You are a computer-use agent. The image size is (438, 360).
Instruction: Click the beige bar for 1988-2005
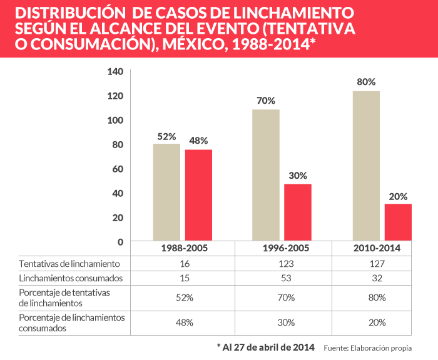coord(166,192)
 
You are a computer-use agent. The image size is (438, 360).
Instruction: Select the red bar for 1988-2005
coord(198,195)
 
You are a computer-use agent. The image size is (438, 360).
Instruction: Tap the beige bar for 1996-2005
coord(266,175)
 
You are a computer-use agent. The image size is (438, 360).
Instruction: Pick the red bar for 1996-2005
coord(298,212)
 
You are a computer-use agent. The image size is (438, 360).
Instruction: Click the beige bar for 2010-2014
coord(366,166)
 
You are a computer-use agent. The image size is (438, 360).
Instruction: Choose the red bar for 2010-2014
coord(398,222)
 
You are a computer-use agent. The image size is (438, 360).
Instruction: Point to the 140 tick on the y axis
coord(116,71)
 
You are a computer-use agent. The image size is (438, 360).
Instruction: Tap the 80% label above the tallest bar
coord(366,82)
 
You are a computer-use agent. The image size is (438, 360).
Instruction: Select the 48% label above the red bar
coord(198,141)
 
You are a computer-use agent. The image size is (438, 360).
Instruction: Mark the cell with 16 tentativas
coord(184,264)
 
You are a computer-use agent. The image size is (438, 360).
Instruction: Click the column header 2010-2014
coord(377,248)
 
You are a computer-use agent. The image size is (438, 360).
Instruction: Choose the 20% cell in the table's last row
coord(377,322)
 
